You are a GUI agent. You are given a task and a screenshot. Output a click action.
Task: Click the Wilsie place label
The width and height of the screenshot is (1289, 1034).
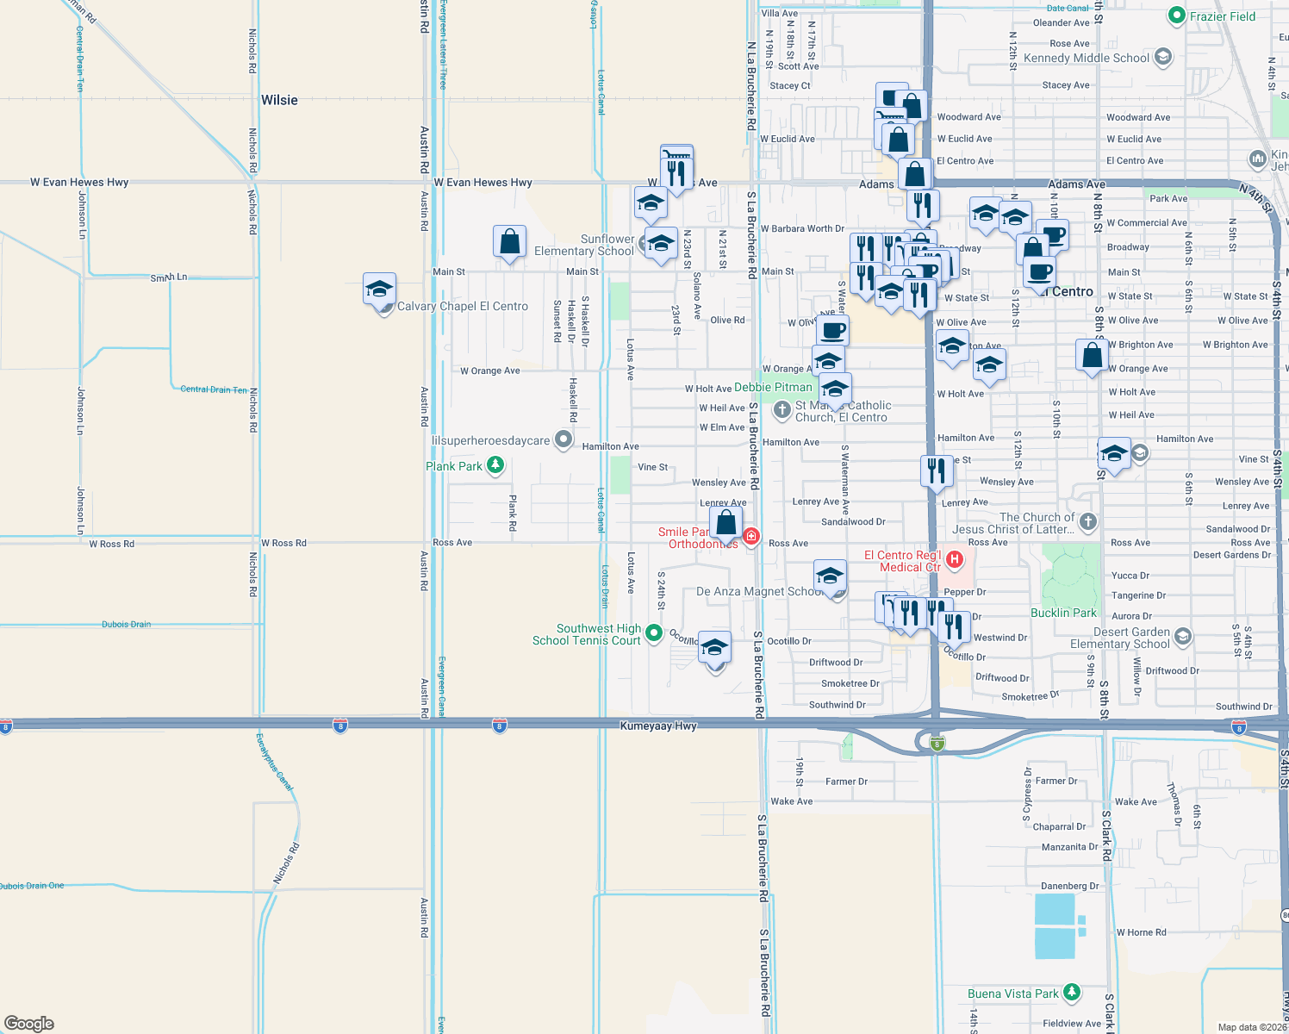pyautogui.click(x=279, y=100)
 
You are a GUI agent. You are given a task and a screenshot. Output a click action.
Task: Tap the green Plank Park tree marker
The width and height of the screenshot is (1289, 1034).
pyautogui.click(x=495, y=466)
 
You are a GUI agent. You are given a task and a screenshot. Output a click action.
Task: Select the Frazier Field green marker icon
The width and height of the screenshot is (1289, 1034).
pyautogui.click(x=1177, y=16)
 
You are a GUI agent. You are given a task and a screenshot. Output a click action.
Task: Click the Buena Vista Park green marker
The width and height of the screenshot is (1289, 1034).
pyautogui.click(x=1071, y=993)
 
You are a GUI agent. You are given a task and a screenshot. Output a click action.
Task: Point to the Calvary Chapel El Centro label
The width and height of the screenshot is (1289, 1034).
pyautogui.click(x=463, y=307)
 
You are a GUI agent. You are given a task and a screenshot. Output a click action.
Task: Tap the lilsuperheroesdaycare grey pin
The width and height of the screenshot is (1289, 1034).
pyautogui.click(x=564, y=439)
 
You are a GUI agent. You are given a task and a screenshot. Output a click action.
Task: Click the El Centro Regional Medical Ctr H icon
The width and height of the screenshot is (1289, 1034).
pyautogui.click(x=955, y=560)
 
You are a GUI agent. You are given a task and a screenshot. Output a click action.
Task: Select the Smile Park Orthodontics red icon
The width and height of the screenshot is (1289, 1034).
pyautogui.click(x=751, y=537)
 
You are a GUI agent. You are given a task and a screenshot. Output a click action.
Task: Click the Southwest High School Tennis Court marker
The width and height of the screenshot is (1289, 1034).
pyautogui.click(x=654, y=634)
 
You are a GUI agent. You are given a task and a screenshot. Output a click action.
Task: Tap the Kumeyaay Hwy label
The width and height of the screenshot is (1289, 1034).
pyautogui.click(x=658, y=726)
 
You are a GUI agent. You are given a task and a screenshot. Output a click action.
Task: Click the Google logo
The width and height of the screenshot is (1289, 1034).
pyautogui.click(x=29, y=1023)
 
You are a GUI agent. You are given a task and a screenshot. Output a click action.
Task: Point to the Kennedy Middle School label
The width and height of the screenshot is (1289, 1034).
pyautogui.click(x=1087, y=59)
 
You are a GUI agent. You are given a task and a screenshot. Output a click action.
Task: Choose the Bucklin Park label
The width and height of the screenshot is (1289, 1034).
pyautogui.click(x=1064, y=613)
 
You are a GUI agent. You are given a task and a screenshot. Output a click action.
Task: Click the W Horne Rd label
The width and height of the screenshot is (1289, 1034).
pyautogui.click(x=1141, y=932)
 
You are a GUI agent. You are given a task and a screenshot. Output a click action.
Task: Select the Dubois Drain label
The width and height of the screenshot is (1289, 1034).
pyautogui.click(x=126, y=624)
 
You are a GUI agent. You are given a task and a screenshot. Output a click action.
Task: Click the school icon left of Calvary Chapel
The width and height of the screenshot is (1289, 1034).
pyautogui.click(x=379, y=290)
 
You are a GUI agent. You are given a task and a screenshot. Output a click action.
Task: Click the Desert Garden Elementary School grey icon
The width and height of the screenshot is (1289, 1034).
pyautogui.click(x=1182, y=637)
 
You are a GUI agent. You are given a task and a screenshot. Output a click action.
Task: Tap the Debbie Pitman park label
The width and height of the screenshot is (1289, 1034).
pyautogui.click(x=773, y=388)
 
